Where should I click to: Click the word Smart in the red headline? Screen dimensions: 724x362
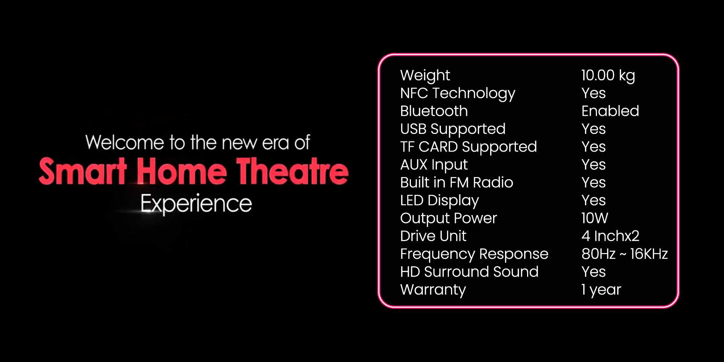tap(83, 171)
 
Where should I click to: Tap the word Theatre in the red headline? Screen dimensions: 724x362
tap(292, 171)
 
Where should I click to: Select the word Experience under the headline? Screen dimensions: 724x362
tap(196, 204)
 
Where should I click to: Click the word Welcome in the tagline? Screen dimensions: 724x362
tap(125, 142)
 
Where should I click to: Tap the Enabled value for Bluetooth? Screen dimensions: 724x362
tap(610, 111)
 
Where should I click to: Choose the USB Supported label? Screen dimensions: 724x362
tap(453, 129)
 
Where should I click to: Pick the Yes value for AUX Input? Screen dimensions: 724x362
tap(594, 165)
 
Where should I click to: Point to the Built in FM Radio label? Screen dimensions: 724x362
tap(456, 182)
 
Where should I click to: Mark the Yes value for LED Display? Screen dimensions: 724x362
tap(594, 200)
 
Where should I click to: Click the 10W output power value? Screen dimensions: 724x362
tap(595, 218)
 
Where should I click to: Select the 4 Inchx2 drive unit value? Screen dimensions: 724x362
tap(610, 236)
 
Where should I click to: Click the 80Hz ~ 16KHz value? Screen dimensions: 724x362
tap(624, 254)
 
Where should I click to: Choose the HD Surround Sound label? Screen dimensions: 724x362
tap(469, 271)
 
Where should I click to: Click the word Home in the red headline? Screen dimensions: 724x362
tap(182, 171)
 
